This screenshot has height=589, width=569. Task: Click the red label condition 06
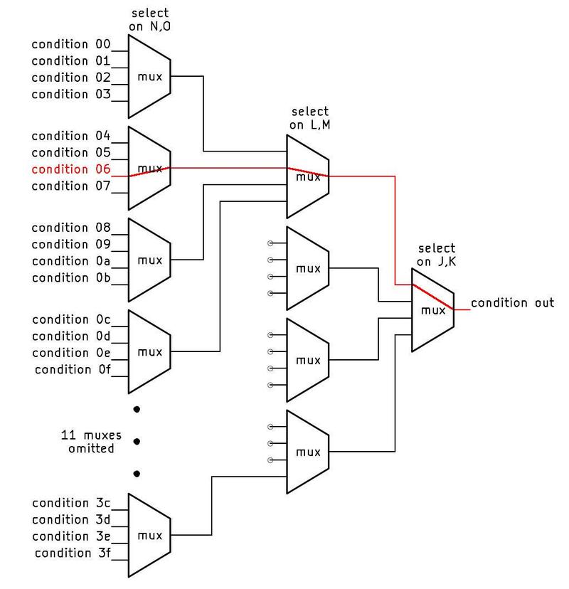[70, 169]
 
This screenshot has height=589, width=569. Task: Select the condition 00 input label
[70, 44]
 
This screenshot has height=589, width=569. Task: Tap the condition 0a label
[70, 261]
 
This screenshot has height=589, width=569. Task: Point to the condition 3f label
[72, 553]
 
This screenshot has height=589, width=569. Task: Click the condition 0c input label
[70, 319]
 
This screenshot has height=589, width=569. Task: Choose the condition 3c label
[70, 503]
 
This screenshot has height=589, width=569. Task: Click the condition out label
[512, 303]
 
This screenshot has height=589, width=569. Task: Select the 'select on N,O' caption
[149, 20]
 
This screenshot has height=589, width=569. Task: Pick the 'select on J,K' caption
[435, 255]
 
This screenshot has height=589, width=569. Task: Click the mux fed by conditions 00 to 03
[149, 76]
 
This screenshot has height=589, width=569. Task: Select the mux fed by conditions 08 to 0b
[149, 260]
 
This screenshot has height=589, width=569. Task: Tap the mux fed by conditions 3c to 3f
[149, 536]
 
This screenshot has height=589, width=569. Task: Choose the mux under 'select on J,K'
[432, 311]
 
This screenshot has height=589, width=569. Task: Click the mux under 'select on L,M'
[307, 176]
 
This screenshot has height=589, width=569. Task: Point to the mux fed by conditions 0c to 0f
[149, 352]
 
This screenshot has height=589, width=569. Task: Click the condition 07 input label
[70, 186]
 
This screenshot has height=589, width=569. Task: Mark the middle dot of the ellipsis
[137, 441]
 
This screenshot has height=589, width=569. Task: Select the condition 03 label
[70, 94]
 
